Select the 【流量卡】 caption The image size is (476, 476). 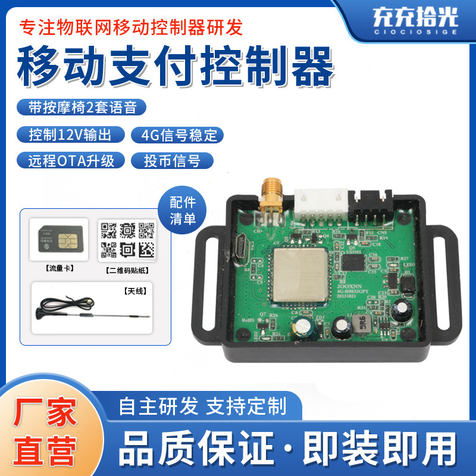pos(58,268)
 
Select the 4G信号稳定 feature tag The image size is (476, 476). pos(176,134)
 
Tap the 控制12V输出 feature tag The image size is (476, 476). pos(70,134)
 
